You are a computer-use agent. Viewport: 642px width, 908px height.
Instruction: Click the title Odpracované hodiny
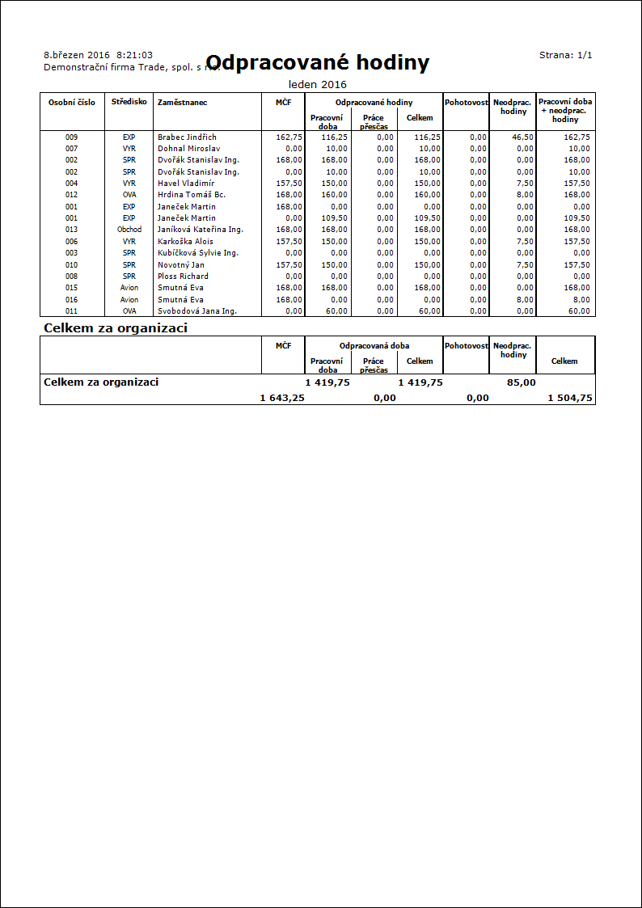click(x=318, y=63)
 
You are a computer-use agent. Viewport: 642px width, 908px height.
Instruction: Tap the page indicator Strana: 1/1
click(x=566, y=55)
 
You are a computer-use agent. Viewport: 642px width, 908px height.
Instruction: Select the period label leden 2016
click(x=318, y=84)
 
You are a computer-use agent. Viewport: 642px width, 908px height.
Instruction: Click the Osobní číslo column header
click(x=72, y=103)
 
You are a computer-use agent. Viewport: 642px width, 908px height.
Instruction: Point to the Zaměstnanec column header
click(x=182, y=103)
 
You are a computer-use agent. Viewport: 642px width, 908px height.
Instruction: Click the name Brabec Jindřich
click(x=187, y=137)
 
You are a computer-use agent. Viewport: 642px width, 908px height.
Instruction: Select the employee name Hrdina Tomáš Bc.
click(x=192, y=195)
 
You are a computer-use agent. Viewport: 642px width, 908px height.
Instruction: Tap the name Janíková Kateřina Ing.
click(x=201, y=230)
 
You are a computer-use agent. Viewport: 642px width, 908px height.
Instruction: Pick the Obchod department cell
click(x=129, y=230)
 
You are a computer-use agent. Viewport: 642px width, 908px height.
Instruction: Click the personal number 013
click(x=72, y=230)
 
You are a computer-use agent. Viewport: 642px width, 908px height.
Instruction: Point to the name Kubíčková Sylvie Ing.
click(x=197, y=253)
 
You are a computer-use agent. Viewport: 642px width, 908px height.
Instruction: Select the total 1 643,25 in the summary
click(x=282, y=398)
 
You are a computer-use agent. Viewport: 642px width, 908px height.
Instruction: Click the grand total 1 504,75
click(x=570, y=398)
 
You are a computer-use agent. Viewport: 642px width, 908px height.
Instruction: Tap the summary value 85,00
click(x=521, y=382)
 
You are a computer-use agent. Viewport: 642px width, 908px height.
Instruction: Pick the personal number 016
click(x=72, y=299)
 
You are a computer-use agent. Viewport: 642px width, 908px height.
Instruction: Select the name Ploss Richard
click(x=183, y=277)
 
